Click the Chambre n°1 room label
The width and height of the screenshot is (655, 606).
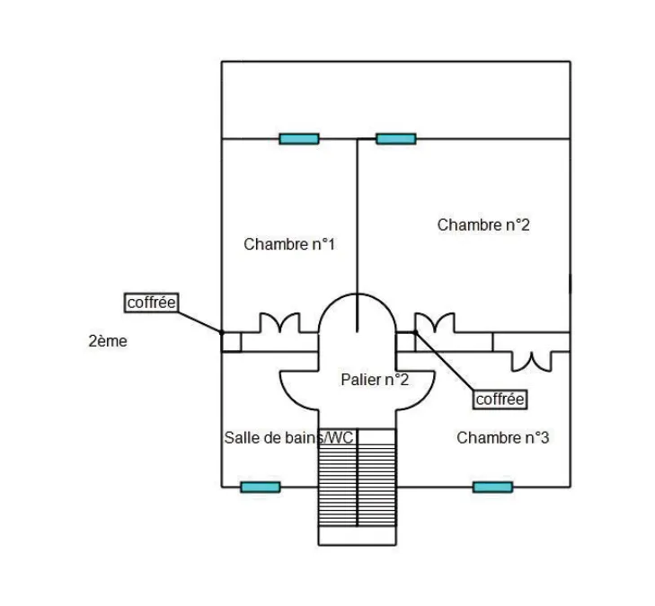[x=289, y=244]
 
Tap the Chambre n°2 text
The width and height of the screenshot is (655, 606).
[x=483, y=225]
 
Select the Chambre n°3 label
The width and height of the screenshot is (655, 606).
[x=502, y=438]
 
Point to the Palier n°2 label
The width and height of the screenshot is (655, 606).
[x=375, y=380]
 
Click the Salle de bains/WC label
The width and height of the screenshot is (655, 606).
[x=288, y=438]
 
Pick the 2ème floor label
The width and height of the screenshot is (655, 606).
[x=108, y=341]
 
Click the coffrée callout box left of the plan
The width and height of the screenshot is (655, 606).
[x=152, y=303]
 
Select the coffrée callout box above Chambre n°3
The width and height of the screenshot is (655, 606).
[x=500, y=400]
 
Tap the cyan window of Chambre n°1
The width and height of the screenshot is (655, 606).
[x=299, y=138]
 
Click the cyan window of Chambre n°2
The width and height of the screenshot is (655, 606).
[x=396, y=138]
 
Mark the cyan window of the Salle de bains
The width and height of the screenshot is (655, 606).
[x=261, y=487]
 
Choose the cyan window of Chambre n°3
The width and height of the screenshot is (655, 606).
[x=493, y=487]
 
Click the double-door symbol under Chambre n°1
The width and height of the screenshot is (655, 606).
[x=279, y=323]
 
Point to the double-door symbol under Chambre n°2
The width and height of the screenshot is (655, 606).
[x=435, y=323]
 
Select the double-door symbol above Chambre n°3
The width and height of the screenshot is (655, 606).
[x=532, y=362]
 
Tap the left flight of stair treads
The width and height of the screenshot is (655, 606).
[x=338, y=478]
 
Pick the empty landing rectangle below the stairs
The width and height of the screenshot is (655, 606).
[x=358, y=536]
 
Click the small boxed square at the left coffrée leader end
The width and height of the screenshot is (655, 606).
[x=231, y=342]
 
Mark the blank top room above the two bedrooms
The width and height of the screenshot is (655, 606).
[x=395, y=101]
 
